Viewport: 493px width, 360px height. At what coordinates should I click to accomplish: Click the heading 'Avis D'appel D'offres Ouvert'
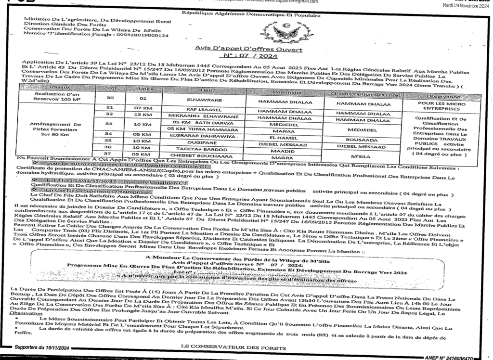pos(249,50)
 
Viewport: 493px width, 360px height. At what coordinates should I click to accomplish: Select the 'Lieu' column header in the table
pos(207,90)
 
